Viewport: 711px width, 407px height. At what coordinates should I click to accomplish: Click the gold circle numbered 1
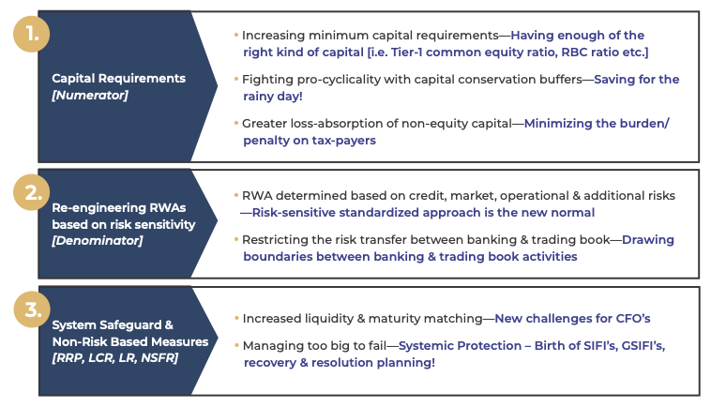click(31, 34)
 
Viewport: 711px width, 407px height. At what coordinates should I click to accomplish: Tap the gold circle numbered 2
click(31, 192)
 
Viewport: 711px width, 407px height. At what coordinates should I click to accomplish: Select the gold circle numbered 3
click(32, 309)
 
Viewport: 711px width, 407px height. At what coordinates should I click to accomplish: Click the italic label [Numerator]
click(90, 95)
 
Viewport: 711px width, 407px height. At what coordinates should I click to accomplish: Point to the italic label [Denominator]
click(97, 240)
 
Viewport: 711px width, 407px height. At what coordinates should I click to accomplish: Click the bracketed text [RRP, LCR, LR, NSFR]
click(115, 357)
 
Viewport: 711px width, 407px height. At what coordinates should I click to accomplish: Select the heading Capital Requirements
click(119, 78)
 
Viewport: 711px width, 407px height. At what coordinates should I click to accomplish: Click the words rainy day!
click(273, 96)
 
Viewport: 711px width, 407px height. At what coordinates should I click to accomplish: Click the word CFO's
click(633, 319)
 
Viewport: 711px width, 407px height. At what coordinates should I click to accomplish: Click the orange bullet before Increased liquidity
click(236, 318)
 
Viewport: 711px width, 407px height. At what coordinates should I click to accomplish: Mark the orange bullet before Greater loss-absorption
click(236, 123)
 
